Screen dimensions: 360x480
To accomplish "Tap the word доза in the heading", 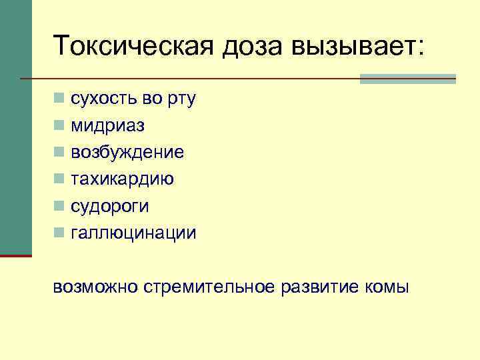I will pos(248,45).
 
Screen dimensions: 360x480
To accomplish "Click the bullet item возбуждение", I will pos(127,153).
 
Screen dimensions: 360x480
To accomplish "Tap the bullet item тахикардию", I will pos(123,179).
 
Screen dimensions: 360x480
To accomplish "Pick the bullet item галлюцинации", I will pos(133,233).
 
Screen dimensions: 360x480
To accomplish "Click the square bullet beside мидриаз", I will pos(59,125).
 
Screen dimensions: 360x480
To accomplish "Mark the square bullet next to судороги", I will pos(59,206).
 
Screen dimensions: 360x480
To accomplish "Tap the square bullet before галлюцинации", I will pos(59,233).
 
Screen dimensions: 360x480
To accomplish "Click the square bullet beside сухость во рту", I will pos(59,99).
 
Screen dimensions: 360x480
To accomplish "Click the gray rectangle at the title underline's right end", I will pos(407,79).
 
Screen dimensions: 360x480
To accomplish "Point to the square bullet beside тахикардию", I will pos(59,179).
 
